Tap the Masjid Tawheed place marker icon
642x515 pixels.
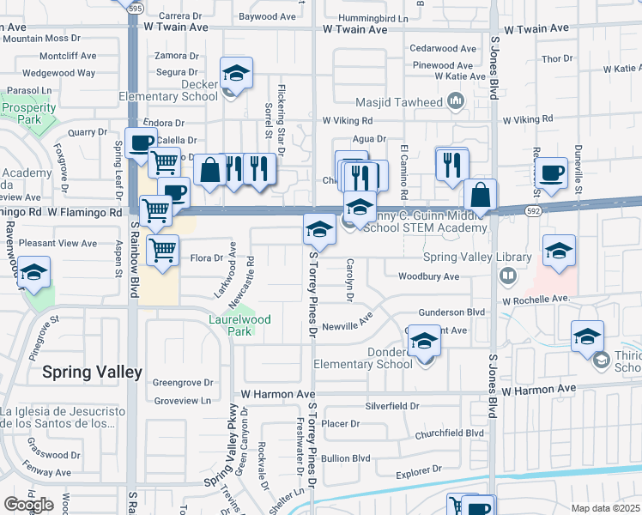coord(455,103)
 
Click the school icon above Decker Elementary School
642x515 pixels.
coord(235,73)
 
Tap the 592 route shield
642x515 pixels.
coord(533,210)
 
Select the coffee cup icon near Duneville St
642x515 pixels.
coord(552,173)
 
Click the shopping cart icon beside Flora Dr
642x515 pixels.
coord(161,250)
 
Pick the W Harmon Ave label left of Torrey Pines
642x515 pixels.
coord(278,393)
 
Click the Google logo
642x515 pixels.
coord(28,504)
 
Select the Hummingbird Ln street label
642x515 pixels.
coord(372,17)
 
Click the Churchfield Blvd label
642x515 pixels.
coord(451,433)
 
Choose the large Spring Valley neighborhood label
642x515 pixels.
coord(93,372)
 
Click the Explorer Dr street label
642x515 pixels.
coord(418,471)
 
